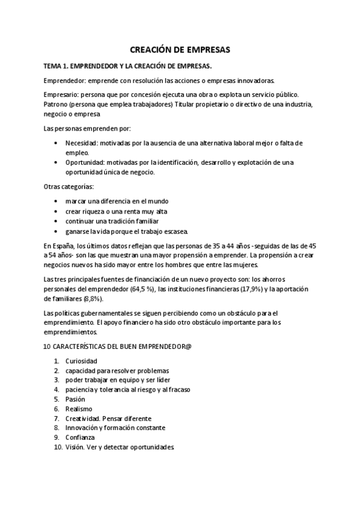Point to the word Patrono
[x=57, y=104]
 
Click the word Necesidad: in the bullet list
[x=83, y=143]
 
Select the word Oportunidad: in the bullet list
[x=87, y=162]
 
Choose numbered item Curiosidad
[x=81, y=361]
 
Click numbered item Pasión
[x=75, y=399]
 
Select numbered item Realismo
[x=79, y=408]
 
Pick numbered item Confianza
[x=81, y=437]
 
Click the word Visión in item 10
[x=75, y=447]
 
